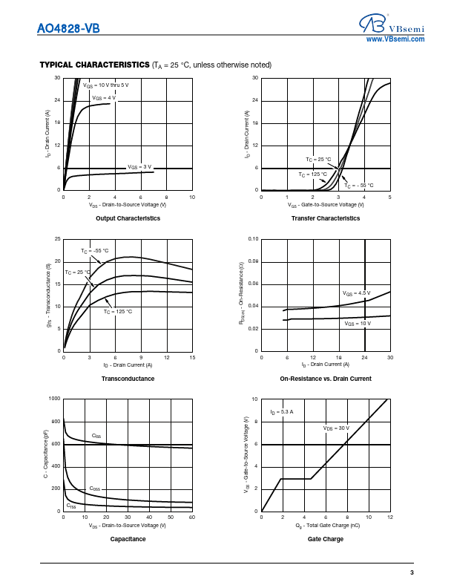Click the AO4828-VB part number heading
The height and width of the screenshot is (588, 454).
click(68, 29)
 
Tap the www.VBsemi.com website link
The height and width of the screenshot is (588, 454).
click(395, 39)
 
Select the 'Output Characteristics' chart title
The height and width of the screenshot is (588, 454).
click(128, 218)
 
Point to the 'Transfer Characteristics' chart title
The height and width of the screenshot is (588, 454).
click(326, 218)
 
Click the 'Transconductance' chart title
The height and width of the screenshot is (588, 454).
click(128, 379)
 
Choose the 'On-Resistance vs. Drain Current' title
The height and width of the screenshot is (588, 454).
click(326, 379)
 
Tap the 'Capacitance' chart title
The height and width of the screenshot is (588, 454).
click(128, 539)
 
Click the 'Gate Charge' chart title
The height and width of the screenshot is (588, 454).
click(326, 539)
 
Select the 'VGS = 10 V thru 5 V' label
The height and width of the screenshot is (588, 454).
click(111, 86)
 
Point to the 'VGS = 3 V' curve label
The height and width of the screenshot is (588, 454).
click(139, 166)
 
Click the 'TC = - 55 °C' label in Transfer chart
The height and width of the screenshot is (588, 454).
click(359, 185)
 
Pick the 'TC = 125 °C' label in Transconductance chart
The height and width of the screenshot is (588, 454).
click(118, 311)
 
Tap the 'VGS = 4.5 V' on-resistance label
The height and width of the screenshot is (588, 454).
click(357, 294)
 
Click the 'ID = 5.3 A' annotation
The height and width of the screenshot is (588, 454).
click(282, 411)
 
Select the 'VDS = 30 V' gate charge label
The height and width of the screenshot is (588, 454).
click(336, 428)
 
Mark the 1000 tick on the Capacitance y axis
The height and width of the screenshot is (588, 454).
click(55, 399)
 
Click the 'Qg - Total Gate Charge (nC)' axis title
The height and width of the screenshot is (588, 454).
click(326, 526)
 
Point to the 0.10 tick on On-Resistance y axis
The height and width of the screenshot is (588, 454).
click(253, 239)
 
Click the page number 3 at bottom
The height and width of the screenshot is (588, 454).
click(412, 572)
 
